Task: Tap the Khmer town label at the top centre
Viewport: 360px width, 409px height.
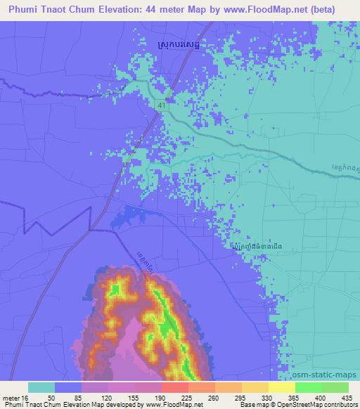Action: [179, 47]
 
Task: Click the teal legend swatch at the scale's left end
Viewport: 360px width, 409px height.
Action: [41, 387]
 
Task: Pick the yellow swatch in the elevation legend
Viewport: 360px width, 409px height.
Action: [282, 387]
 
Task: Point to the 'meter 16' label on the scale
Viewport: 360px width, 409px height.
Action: [14, 398]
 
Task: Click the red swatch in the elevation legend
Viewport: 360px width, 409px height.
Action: [175, 387]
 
